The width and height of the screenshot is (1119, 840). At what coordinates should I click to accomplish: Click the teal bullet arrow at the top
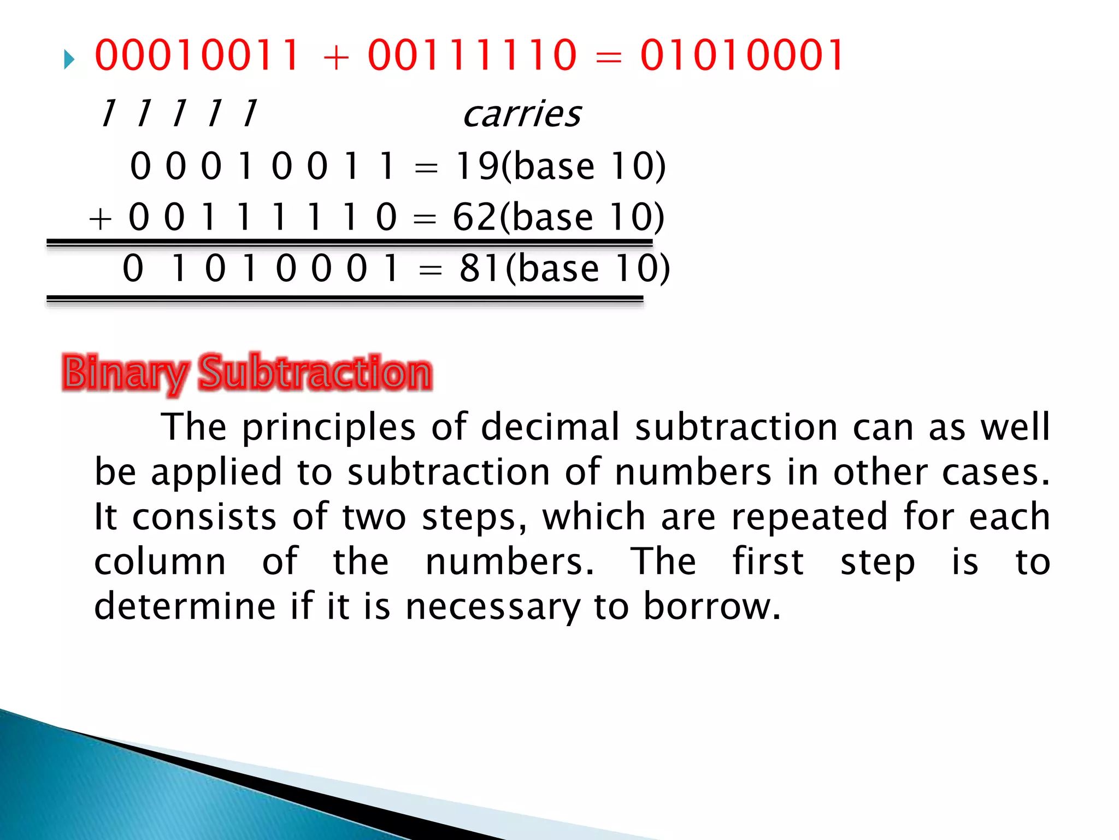click(x=69, y=60)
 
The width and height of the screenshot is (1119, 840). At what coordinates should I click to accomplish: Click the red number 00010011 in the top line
click(x=197, y=56)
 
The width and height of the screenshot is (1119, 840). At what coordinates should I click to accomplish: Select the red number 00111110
click(x=472, y=56)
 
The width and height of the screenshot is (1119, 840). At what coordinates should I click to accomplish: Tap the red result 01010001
click(x=742, y=56)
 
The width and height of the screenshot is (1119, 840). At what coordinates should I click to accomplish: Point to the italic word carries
click(x=522, y=114)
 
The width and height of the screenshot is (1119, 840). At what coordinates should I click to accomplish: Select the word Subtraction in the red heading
click(x=315, y=372)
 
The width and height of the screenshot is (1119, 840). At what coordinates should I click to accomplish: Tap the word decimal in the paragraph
click(x=551, y=427)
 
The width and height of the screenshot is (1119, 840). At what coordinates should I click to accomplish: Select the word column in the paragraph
click(x=160, y=562)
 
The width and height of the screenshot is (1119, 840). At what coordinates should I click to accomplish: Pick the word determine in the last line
click(x=185, y=606)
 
